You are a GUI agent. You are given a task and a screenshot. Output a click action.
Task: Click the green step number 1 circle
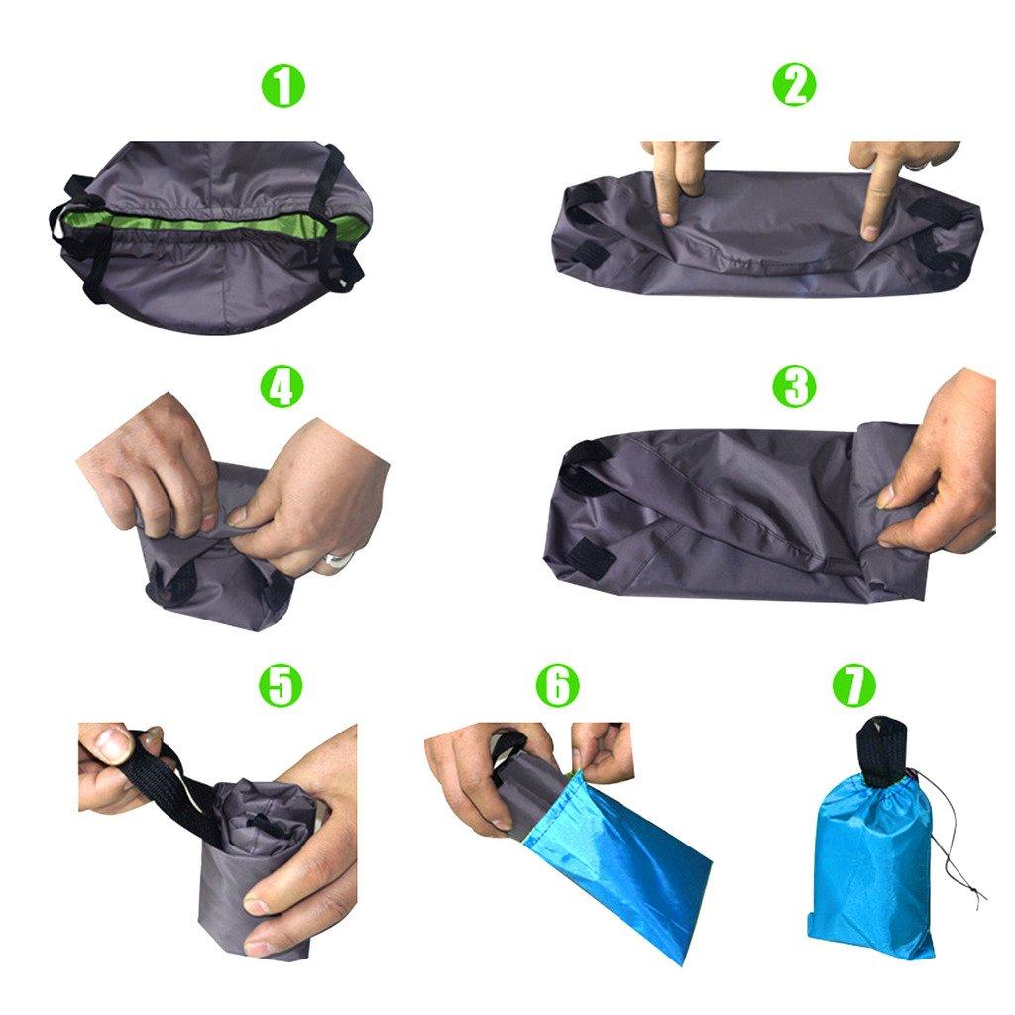coord(283,87)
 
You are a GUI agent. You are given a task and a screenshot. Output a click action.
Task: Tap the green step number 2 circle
coord(793,87)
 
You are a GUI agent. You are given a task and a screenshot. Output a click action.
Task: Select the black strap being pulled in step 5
coord(188,783)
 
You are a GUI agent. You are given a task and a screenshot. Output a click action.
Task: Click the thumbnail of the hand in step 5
coord(108,744)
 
